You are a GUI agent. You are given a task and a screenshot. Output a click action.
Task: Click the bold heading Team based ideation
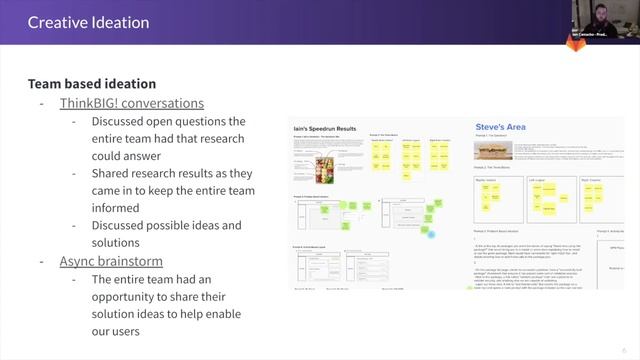click(91, 84)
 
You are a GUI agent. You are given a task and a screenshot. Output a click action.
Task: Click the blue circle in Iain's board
click(431, 235)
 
